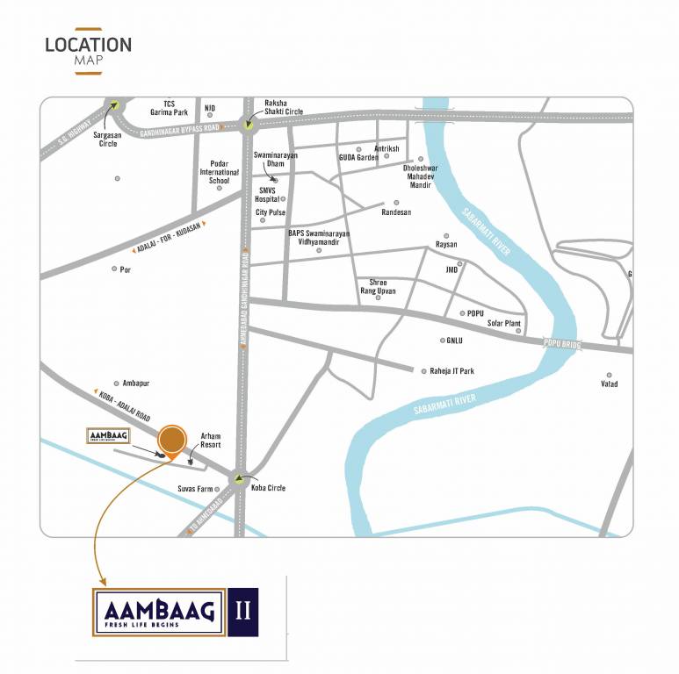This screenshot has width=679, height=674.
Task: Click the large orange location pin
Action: pos(172,440)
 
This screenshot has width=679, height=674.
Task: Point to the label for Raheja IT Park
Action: pos(451,371)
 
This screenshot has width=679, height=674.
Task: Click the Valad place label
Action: pos(610,384)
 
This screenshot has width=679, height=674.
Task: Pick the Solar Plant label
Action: pos(504,324)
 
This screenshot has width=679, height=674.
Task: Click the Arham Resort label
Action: pos(211,441)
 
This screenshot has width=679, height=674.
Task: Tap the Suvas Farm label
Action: pos(196,489)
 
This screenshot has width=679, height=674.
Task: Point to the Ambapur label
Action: pos(136,384)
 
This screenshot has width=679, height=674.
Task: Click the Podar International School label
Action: pos(219,171)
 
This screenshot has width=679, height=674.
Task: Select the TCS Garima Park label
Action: pos(169,108)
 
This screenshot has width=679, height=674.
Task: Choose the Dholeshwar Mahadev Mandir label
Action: pos(418,176)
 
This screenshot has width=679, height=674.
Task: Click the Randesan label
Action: pos(396,212)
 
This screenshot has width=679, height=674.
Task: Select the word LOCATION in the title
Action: pos(89,45)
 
